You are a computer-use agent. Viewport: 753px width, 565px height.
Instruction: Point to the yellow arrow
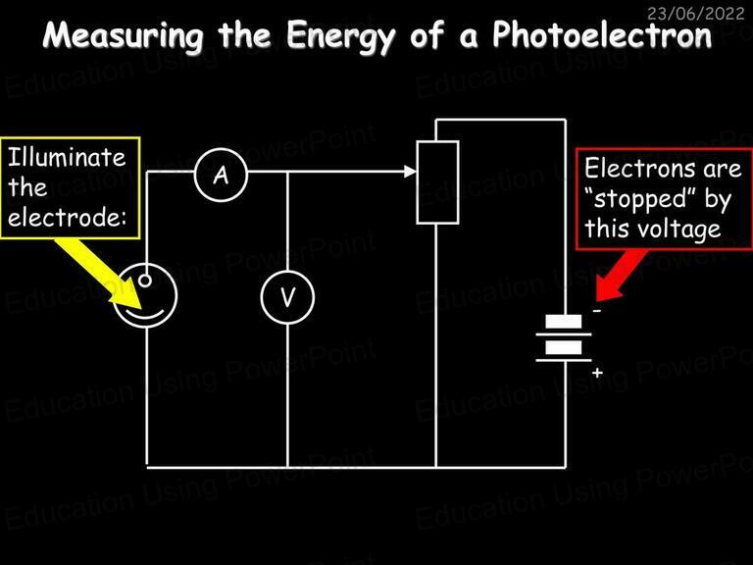click(x=98, y=273)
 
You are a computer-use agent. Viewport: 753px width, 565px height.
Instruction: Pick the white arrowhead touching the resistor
click(x=410, y=171)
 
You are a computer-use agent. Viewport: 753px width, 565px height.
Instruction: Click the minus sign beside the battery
click(x=597, y=311)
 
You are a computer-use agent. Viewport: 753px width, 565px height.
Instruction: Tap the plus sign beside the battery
click(x=597, y=373)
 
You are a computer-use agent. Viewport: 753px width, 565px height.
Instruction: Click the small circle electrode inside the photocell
click(x=145, y=281)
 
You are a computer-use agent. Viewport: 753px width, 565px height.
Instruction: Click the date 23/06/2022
click(x=695, y=14)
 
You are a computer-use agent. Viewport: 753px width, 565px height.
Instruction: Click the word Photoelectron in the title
click(x=602, y=35)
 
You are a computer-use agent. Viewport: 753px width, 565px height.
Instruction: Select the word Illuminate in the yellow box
click(x=67, y=157)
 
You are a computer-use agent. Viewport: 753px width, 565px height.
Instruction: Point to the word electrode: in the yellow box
click(x=68, y=217)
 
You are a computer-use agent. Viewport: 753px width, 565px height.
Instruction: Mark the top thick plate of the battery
click(x=564, y=321)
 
